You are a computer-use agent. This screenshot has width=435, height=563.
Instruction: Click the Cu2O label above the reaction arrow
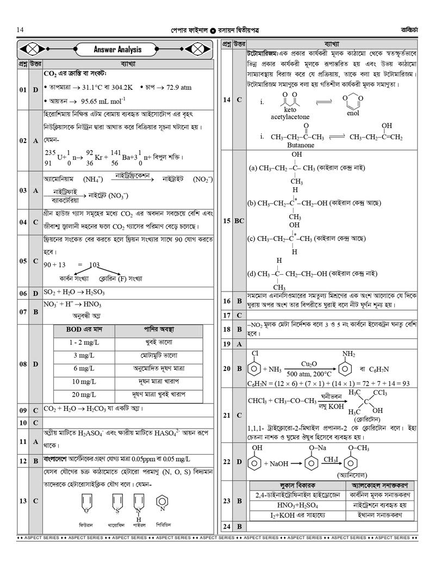coord(308,364)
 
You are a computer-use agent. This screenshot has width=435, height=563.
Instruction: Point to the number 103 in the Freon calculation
coord(94,265)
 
